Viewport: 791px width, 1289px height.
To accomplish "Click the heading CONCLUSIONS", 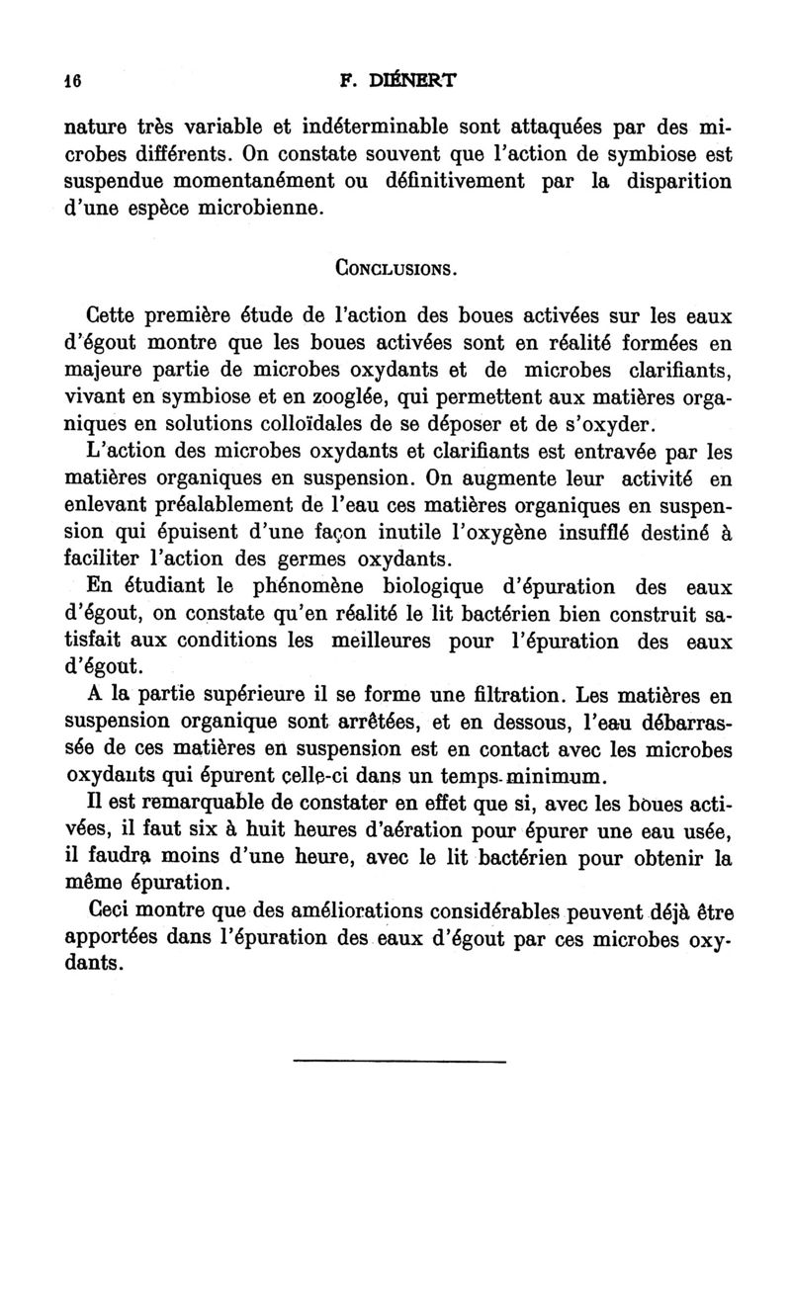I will tap(395, 268).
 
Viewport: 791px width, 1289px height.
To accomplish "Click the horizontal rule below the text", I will tap(399, 1061).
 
